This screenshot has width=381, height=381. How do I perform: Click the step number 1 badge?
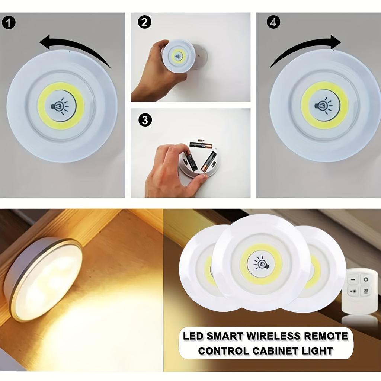(9, 23)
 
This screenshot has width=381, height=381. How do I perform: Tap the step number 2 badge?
(145, 22)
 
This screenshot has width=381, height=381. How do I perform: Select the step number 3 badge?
(145, 120)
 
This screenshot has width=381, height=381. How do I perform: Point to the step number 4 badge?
(273, 22)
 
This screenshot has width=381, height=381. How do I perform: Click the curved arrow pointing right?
(305, 48)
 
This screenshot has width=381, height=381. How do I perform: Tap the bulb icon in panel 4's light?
(324, 106)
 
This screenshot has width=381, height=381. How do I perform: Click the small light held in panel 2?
(178, 57)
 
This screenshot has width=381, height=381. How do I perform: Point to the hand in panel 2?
(153, 74)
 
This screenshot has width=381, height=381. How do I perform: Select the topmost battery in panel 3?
(200, 145)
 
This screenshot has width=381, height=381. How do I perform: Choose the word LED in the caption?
(192, 336)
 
